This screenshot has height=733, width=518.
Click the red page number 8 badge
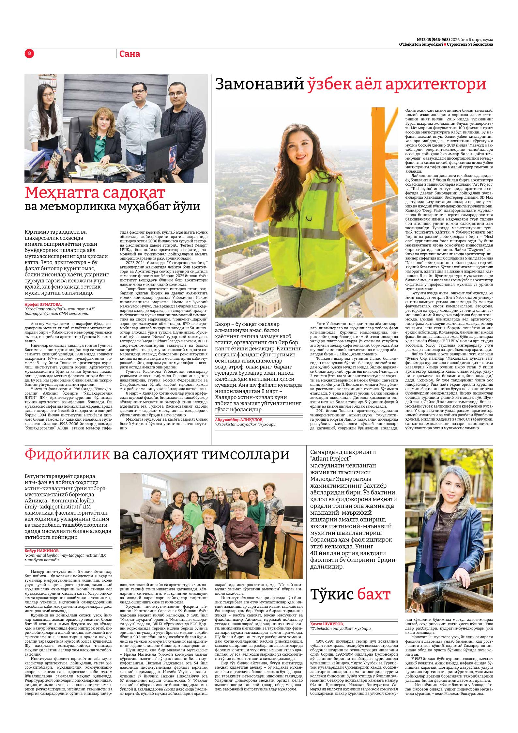point(29,54)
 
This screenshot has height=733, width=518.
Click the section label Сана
point(129,54)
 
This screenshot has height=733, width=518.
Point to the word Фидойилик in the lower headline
point(67,454)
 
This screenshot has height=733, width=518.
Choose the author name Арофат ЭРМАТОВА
point(43,304)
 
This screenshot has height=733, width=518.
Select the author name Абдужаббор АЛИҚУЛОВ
point(239,419)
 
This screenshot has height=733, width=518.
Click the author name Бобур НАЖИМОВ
point(42,551)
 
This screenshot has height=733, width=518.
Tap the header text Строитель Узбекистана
point(470,44)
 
